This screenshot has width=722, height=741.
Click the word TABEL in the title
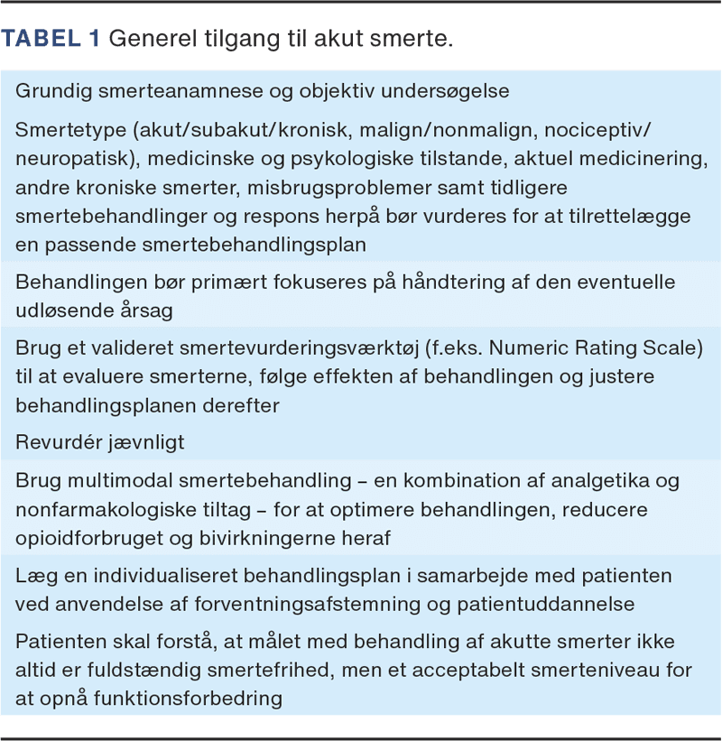48,39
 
